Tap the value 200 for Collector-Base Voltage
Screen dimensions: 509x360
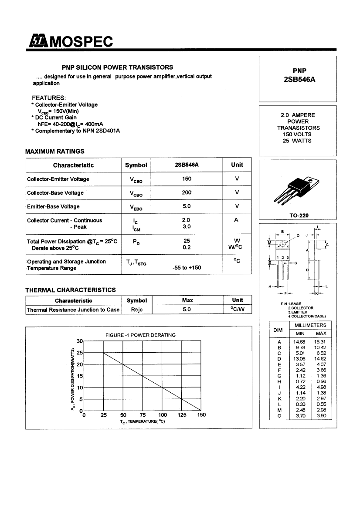(x=187, y=192)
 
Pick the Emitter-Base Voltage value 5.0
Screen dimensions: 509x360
(x=187, y=206)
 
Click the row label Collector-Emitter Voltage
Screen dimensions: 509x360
(x=58, y=179)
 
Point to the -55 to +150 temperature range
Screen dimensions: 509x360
(x=187, y=267)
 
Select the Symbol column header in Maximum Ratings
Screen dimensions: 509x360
(x=136, y=165)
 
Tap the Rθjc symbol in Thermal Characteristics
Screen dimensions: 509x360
(x=136, y=310)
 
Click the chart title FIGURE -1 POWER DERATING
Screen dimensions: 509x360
(x=140, y=335)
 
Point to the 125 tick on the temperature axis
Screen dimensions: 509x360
(x=182, y=415)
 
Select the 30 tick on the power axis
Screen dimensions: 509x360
(x=79, y=341)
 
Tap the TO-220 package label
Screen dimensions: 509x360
(x=299, y=216)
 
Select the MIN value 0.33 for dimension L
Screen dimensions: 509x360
(x=299, y=404)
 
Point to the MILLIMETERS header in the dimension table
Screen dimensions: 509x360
(x=310, y=325)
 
